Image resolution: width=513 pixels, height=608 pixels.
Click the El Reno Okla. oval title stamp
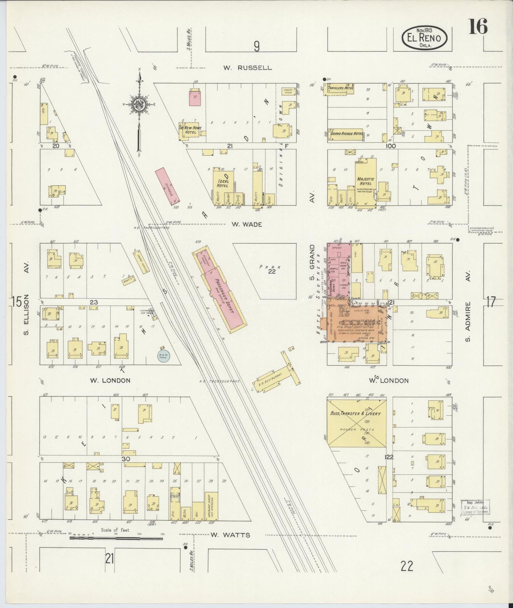click(x=424, y=38)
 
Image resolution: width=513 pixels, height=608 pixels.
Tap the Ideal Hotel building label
click(x=222, y=183)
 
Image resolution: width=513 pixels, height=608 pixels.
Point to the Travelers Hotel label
click(x=341, y=87)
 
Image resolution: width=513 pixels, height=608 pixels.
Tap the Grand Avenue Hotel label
click(x=346, y=134)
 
